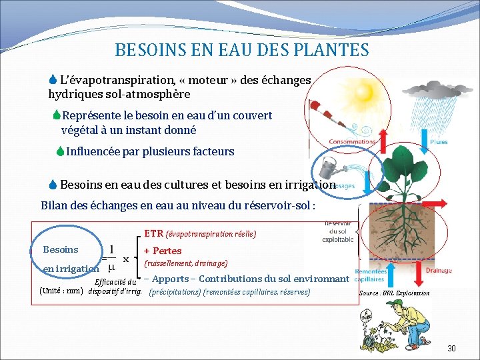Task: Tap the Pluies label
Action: click(439, 142)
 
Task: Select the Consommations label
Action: click(351, 142)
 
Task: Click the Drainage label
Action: click(439, 271)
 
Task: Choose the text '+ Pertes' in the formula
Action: click(163, 251)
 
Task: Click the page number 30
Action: click(451, 349)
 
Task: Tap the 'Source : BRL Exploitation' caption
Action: click(394, 293)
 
